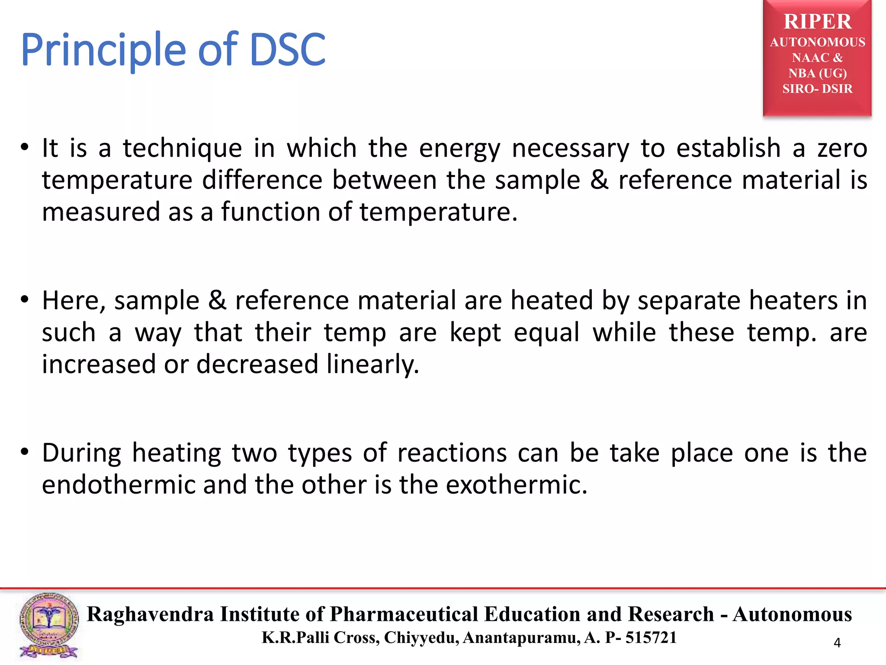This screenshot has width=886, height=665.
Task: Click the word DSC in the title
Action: click(x=287, y=50)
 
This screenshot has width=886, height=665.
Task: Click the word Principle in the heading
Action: click(x=104, y=51)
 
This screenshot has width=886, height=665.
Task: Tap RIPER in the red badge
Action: click(x=817, y=22)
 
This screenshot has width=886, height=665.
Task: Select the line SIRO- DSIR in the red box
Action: click(x=817, y=89)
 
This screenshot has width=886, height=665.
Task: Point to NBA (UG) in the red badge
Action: click(x=817, y=73)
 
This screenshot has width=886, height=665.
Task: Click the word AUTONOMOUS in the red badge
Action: click(x=817, y=42)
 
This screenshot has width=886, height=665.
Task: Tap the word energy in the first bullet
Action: click(x=459, y=149)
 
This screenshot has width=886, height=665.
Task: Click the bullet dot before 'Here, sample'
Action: click(x=25, y=300)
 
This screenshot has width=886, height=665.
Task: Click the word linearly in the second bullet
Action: click(x=372, y=365)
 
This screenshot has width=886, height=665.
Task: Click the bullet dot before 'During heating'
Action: click(x=25, y=452)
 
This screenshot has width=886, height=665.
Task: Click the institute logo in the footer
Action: click(x=49, y=626)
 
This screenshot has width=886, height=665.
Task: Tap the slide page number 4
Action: click(x=837, y=643)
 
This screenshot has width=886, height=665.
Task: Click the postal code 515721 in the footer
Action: click(x=651, y=638)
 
